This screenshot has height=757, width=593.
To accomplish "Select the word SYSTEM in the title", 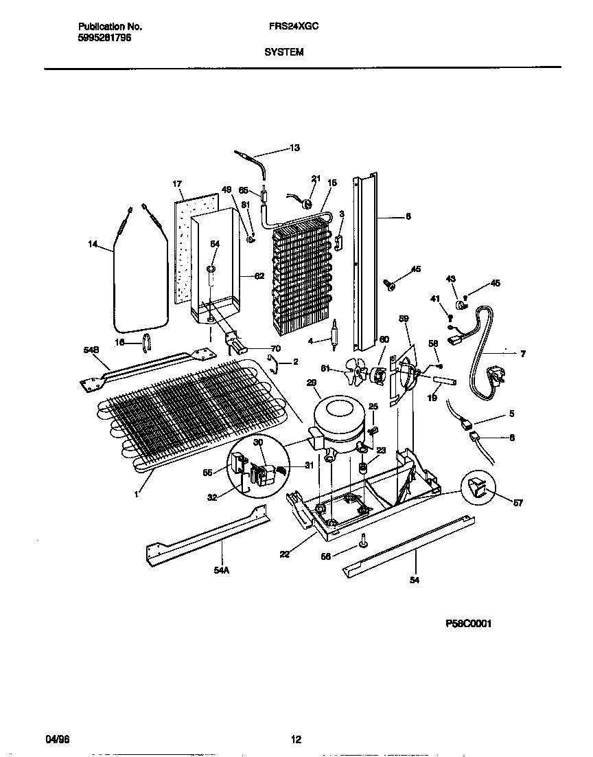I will tap(284, 52).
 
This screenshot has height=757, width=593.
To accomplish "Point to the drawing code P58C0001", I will tap(469, 624).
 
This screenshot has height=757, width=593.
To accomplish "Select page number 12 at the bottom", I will tap(296, 740).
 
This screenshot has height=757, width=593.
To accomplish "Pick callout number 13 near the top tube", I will tap(294, 148).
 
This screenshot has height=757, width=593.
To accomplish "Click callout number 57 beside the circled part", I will tap(518, 503).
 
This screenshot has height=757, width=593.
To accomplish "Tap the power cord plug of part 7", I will tap(493, 376).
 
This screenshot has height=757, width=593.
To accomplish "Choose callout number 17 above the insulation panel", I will tap(176, 184).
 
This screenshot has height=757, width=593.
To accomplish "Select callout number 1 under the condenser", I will tap(136, 493).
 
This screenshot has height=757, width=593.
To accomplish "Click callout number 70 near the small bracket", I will tap(275, 348).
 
